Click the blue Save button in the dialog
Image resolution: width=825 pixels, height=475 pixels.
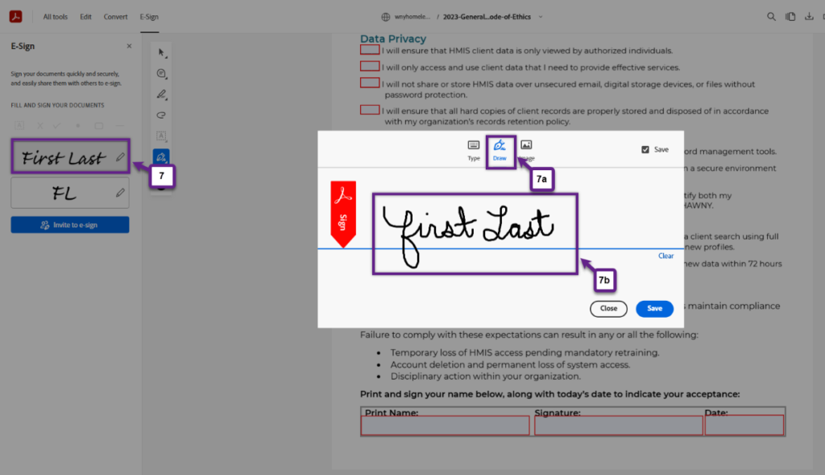click(x=654, y=308)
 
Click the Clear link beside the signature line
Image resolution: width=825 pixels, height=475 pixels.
click(x=665, y=256)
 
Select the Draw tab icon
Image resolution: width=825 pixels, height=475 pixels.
click(x=500, y=148)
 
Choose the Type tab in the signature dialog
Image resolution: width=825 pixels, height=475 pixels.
click(x=474, y=149)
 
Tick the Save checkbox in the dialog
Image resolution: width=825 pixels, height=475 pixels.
click(x=645, y=149)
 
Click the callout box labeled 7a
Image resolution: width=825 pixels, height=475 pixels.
click(x=543, y=179)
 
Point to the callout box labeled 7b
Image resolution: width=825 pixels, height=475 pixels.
click(x=605, y=280)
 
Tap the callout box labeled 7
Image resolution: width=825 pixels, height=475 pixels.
click(x=161, y=174)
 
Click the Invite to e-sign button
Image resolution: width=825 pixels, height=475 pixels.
click(x=69, y=225)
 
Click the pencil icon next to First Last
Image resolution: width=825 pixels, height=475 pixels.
click(x=120, y=157)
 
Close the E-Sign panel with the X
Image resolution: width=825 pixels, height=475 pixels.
click(x=129, y=47)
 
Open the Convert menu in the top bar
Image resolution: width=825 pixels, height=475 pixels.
click(x=115, y=16)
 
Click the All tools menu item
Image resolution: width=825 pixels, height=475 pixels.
click(x=56, y=16)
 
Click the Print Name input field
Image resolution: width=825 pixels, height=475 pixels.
click(x=445, y=426)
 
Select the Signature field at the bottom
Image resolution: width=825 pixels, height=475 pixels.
click(x=618, y=426)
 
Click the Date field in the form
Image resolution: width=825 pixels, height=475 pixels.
click(x=744, y=426)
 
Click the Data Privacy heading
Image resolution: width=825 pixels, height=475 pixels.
click(x=393, y=39)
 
